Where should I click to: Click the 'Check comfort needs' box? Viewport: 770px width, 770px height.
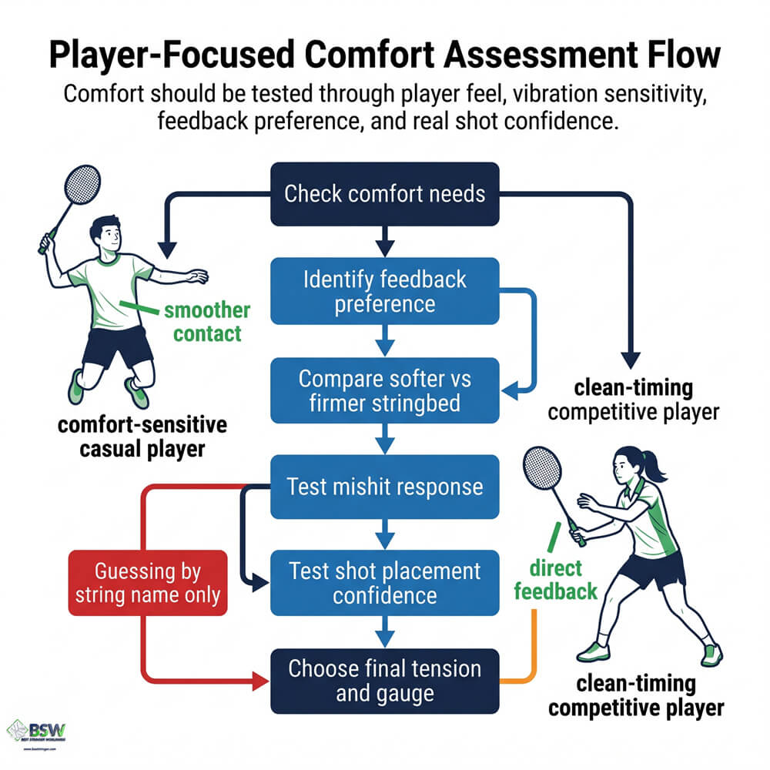pos(384,192)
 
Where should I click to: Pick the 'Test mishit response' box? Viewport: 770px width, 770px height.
pos(384,486)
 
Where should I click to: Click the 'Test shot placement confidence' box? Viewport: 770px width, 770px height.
pos(384,582)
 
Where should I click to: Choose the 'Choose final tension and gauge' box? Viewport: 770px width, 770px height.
pos(384,680)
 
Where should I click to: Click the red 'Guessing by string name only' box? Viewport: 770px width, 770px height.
pos(148,582)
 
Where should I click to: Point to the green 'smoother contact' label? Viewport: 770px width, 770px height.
pos(206,322)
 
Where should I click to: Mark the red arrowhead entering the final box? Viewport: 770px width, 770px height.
pos(258,681)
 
